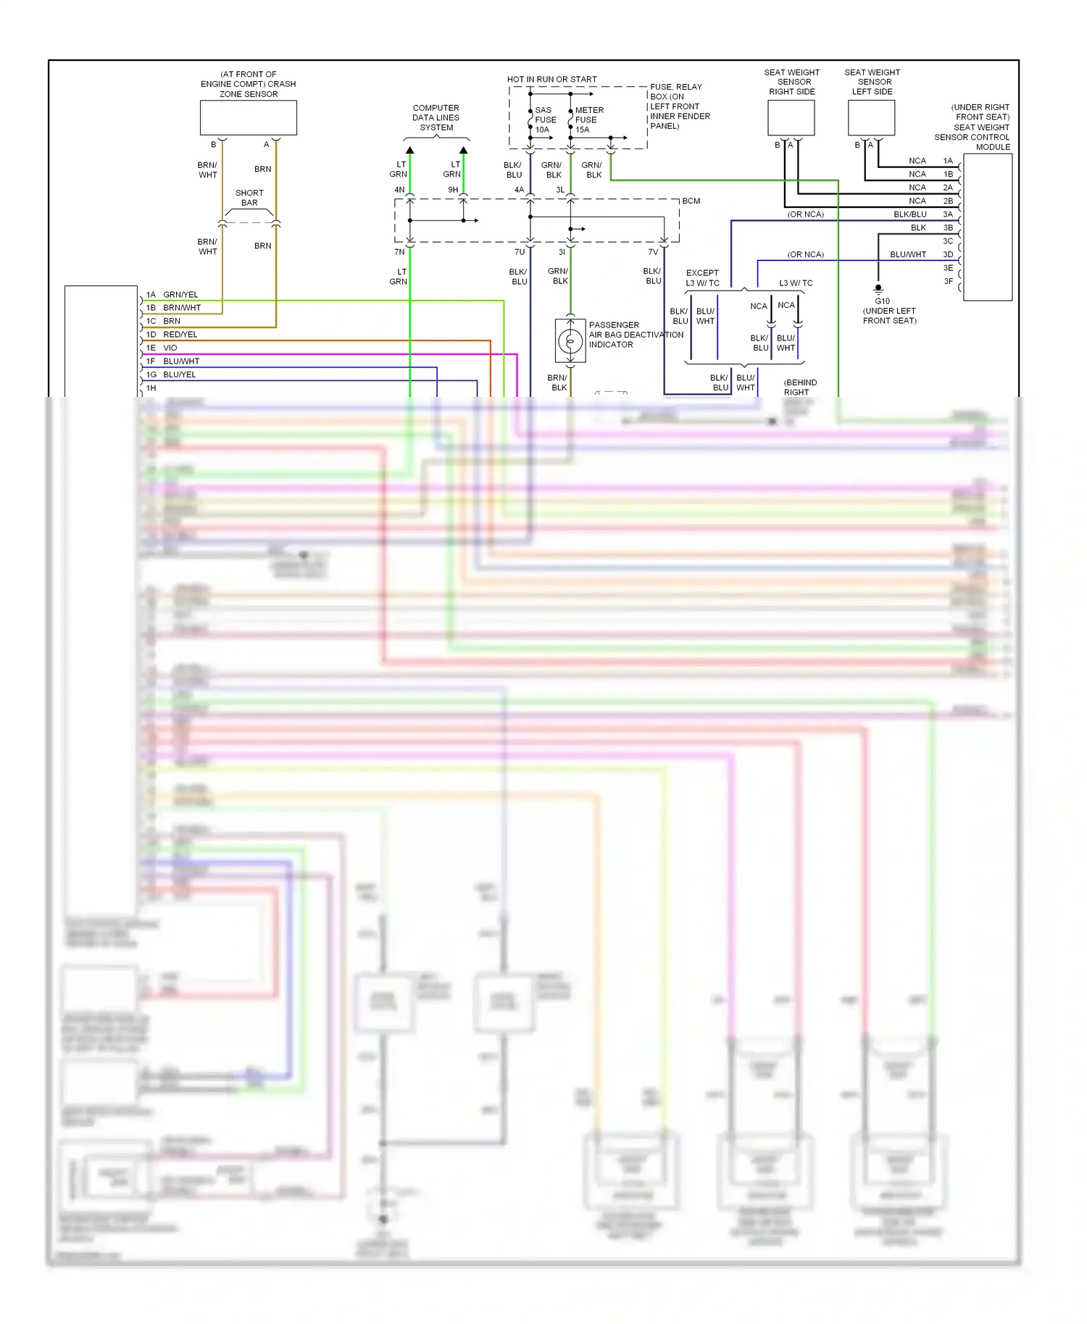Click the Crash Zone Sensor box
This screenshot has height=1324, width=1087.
248,117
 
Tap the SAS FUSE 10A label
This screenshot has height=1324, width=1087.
545,120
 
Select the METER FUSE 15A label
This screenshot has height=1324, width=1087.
587,120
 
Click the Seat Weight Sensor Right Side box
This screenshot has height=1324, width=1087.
791,118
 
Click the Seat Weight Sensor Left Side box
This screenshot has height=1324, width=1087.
871,118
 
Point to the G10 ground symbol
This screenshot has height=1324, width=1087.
878,289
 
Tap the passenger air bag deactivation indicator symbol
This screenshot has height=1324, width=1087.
570,340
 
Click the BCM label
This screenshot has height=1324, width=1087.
691,201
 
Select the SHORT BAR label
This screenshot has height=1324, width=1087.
249,198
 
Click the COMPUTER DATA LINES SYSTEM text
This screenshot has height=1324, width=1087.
436,118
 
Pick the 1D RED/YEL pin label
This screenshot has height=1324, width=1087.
172,335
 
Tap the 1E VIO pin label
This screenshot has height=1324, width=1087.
162,348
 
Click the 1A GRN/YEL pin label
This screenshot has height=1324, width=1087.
172,295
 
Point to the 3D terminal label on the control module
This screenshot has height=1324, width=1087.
948,255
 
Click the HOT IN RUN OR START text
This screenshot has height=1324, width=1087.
551,80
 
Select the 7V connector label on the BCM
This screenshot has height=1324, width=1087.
653,253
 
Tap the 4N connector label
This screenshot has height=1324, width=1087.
399,190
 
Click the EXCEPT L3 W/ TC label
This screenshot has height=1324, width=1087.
702,278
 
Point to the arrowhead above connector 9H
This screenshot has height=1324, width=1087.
463,151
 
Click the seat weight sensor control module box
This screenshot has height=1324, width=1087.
987,227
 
